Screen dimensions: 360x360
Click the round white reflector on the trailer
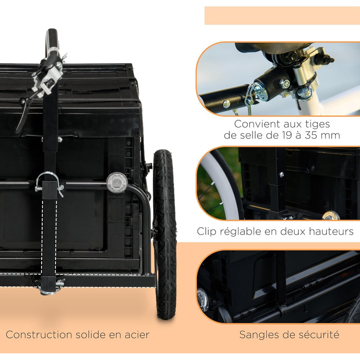[117, 182]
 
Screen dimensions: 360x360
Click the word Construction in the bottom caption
[39, 335]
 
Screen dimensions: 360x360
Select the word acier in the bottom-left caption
[137, 335]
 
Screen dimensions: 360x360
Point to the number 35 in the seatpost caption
[311, 135]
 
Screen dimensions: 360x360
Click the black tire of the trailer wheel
[165, 234]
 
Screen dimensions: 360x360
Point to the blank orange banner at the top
[282, 15]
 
